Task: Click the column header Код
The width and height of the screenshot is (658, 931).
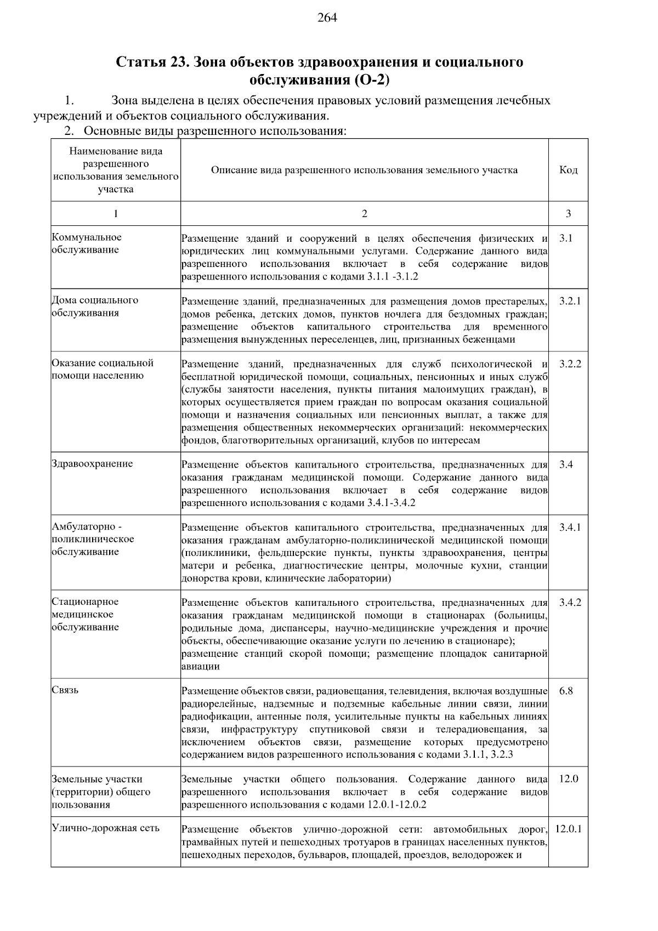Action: coord(568,170)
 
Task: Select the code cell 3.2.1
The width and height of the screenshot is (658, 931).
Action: coord(570,302)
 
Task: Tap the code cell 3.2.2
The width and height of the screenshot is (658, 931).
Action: coord(570,364)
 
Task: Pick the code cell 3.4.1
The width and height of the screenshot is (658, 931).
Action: coord(570,527)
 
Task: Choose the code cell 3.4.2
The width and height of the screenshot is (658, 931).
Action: coord(570,603)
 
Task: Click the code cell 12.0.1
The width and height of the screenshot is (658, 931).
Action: coord(568,829)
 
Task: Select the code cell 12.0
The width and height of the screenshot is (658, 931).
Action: coord(568,779)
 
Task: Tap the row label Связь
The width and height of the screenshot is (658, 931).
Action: coord(65,690)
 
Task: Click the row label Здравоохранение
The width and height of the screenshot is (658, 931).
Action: coord(92,464)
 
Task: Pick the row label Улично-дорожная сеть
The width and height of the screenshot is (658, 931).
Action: coord(105,828)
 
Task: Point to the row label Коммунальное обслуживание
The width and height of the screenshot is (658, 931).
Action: coord(87,243)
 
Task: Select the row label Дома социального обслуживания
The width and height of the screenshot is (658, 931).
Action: coord(94,306)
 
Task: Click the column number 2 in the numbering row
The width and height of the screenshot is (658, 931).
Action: coord(365,214)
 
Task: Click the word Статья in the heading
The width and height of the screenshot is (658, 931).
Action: coord(140,62)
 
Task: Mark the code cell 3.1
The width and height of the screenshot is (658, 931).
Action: coord(566,239)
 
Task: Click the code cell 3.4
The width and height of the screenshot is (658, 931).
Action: coord(566,465)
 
